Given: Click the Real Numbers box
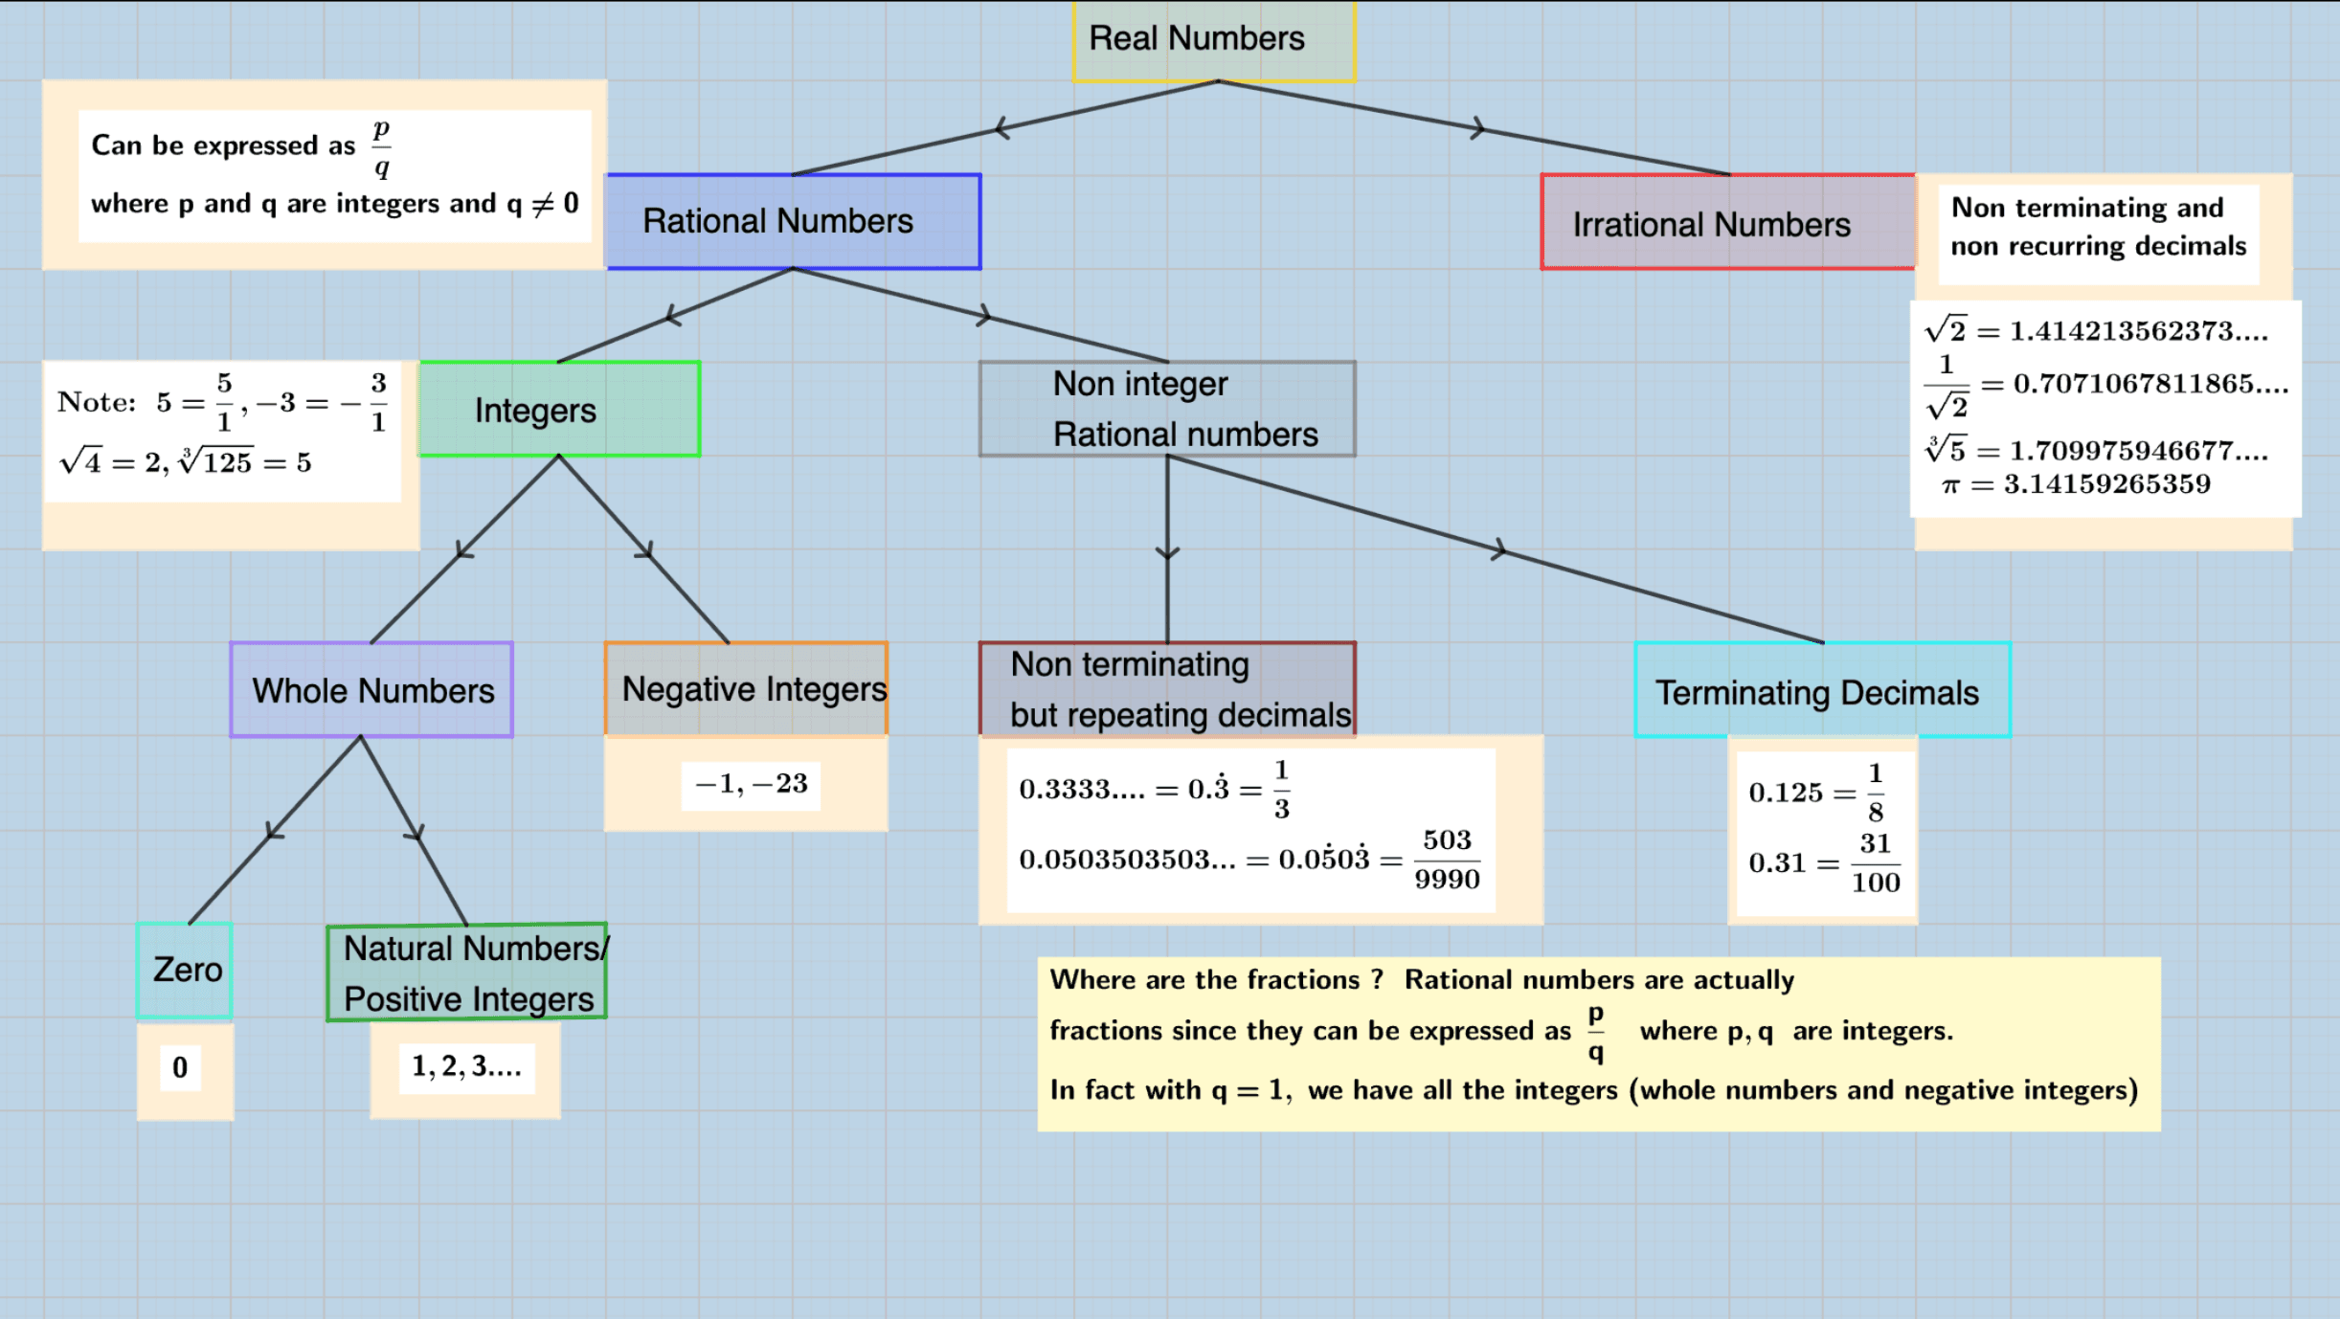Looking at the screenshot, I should pos(1214,40).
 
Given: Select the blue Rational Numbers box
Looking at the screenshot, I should pos(794,221).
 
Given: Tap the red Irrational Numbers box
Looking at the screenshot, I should pos(1727,223).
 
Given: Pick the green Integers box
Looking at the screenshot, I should pos(559,410).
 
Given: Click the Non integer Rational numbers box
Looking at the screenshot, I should pos(1167,409).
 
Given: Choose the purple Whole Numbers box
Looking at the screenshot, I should pos(371,690).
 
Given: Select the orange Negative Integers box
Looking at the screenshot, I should pos(746,689).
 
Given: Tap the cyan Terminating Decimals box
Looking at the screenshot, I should pos(1821,691).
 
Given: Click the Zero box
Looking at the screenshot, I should pos(185,971).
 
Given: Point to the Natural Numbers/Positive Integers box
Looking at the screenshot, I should pos(467,972).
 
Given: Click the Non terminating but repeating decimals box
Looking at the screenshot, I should pos(1167,689).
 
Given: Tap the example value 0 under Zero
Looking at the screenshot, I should pos(180,1067).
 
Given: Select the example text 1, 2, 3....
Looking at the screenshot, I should pos(466,1066).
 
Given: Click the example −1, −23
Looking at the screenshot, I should pos(751,784).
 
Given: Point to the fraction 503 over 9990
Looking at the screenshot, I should pos(1446,860).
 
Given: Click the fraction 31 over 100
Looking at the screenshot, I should pos(1875,862).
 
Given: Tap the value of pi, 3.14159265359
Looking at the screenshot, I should pos(2106,484).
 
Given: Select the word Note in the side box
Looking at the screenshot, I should pos(96,402).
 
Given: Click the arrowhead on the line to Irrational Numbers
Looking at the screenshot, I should pos(1478,127).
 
